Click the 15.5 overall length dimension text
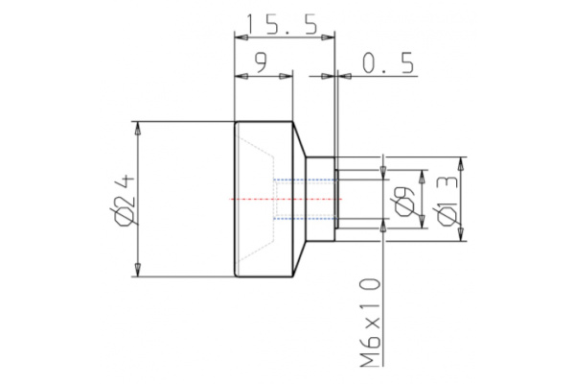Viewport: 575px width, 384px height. [x=285, y=23]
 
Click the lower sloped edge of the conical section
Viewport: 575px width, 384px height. [x=299, y=258]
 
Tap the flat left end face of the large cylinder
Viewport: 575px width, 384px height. [x=236, y=200]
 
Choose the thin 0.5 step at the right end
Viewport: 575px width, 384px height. [x=336, y=200]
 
